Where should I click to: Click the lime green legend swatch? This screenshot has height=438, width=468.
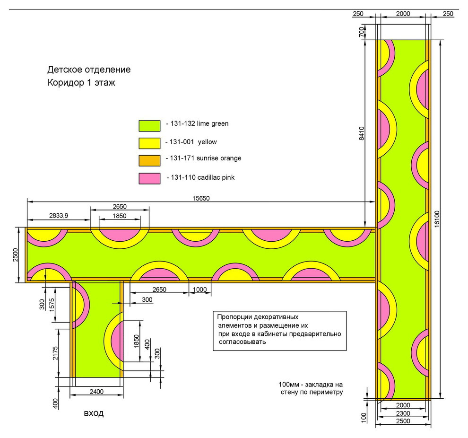(x=149, y=126)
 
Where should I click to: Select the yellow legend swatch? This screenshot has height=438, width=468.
(x=149, y=143)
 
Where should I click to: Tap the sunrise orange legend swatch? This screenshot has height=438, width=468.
(x=149, y=161)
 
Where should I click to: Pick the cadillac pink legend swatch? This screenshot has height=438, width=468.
(x=149, y=178)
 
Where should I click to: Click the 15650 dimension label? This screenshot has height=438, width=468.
(x=201, y=198)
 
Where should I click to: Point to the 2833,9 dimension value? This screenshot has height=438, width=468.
(x=59, y=215)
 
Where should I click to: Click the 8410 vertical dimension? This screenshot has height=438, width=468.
(x=362, y=133)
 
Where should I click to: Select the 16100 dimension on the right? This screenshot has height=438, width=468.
(x=437, y=219)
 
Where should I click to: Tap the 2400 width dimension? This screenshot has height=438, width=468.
(x=96, y=392)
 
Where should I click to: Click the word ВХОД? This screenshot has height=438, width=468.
(x=94, y=413)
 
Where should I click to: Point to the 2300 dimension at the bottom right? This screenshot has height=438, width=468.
(x=403, y=413)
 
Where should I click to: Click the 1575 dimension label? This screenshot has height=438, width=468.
(x=52, y=305)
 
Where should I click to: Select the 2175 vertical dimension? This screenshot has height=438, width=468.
(x=55, y=353)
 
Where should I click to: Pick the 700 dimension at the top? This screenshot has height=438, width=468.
(x=362, y=32)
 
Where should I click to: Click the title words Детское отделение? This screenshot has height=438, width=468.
(x=89, y=70)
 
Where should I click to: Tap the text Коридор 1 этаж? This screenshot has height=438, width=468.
(x=81, y=82)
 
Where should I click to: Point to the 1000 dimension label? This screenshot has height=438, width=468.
(x=199, y=289)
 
